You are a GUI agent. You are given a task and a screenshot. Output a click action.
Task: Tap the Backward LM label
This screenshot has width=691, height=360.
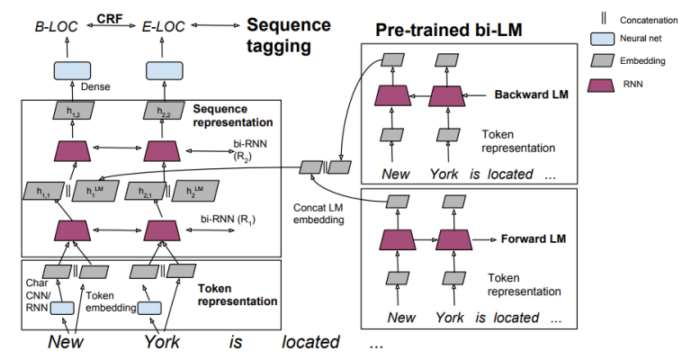[528, 94]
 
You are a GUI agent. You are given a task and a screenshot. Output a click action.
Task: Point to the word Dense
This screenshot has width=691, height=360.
[95, 87]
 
